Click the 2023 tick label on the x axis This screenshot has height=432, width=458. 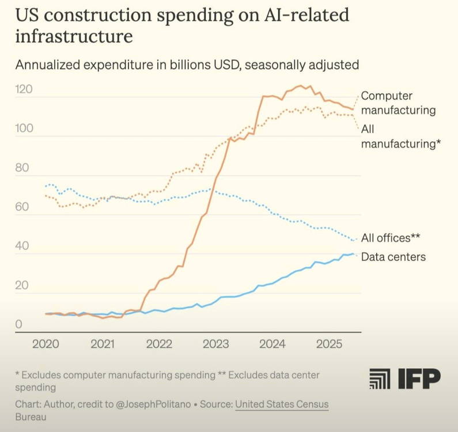point(216,345)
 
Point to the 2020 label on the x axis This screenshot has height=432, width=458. point(46,345)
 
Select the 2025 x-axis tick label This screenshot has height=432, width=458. point(330,345)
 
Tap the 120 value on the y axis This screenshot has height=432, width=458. point(24,90)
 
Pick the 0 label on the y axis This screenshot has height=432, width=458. point(18,325)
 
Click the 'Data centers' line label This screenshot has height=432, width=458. point(393,257)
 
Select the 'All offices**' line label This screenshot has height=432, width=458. point(391,237)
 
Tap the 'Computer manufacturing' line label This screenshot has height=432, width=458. point(398,103)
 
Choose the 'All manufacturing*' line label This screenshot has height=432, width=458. point(401,137)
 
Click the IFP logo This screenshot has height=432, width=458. point(404,378)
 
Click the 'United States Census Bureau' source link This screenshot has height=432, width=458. point(281,405)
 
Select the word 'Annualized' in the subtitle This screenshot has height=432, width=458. point(49,65)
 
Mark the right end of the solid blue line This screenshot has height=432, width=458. point(354,254)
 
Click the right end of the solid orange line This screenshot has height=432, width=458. point(353,109)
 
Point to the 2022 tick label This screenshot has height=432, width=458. point(159,345)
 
